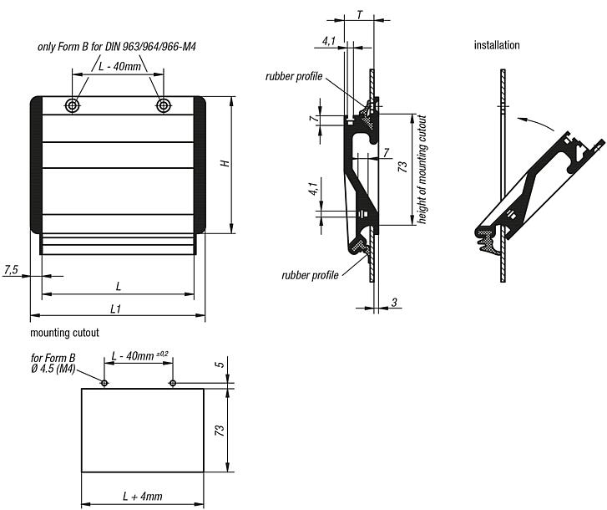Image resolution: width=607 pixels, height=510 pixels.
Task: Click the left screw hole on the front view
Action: tap(74, 105)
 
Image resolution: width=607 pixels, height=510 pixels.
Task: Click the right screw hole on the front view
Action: tap(163, 105)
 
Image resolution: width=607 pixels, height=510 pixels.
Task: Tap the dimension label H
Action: tap(225, 164)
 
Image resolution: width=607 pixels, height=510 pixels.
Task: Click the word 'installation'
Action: tap(497, 45)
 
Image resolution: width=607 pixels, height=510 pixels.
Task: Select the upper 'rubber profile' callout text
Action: tap(293, 77)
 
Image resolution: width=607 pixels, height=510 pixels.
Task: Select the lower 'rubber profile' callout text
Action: tap(310, 274)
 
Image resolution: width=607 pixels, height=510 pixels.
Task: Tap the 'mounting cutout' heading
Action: tap(64, 333)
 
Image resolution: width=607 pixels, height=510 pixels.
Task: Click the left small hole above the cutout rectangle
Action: tap(104, 384)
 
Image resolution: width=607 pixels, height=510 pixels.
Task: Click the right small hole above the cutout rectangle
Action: tap(172, 384)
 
